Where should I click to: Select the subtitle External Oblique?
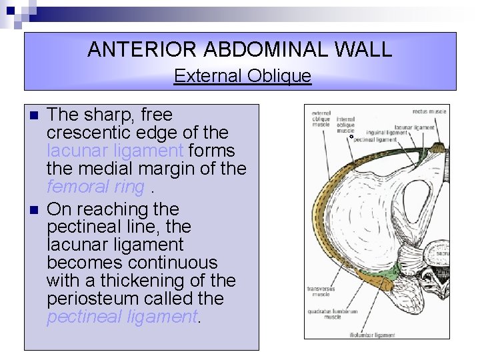point(242,76)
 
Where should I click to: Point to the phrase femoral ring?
point(95,187)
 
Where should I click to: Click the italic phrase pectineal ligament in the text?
point(122,317)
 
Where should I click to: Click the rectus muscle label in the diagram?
point(429,111)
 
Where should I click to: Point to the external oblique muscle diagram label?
point(321,119)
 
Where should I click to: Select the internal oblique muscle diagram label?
point(346,125)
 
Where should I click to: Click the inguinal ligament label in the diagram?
point(387,133)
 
